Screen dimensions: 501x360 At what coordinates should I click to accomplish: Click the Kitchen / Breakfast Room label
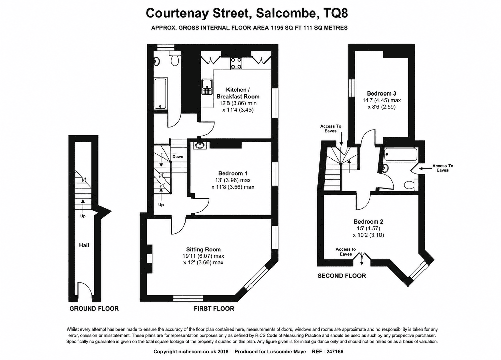pos(238,93)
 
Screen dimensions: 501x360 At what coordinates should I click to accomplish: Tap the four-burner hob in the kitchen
pos(236,63)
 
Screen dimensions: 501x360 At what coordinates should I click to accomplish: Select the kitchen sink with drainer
pos(206,86)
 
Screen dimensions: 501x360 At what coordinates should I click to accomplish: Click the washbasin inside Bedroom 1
pos(200,145)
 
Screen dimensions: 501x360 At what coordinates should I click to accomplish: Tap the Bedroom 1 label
pos(233,173)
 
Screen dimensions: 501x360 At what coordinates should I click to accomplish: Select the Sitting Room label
pos(203,249)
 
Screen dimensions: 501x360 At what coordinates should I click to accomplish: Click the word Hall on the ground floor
pos(84,245)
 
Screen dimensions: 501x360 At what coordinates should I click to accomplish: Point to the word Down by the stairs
pos(178,156)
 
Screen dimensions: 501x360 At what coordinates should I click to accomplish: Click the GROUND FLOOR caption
pos(94,309)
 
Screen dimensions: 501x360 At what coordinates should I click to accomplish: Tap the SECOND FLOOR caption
pos(342,276)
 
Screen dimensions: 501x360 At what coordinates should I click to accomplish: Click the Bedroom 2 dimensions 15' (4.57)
pos(368,228)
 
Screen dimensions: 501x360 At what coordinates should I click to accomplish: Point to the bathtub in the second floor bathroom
pos(401,154)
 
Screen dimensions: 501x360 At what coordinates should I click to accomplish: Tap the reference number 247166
pos(334,352)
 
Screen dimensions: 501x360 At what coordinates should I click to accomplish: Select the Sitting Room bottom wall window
pos(188,298)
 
